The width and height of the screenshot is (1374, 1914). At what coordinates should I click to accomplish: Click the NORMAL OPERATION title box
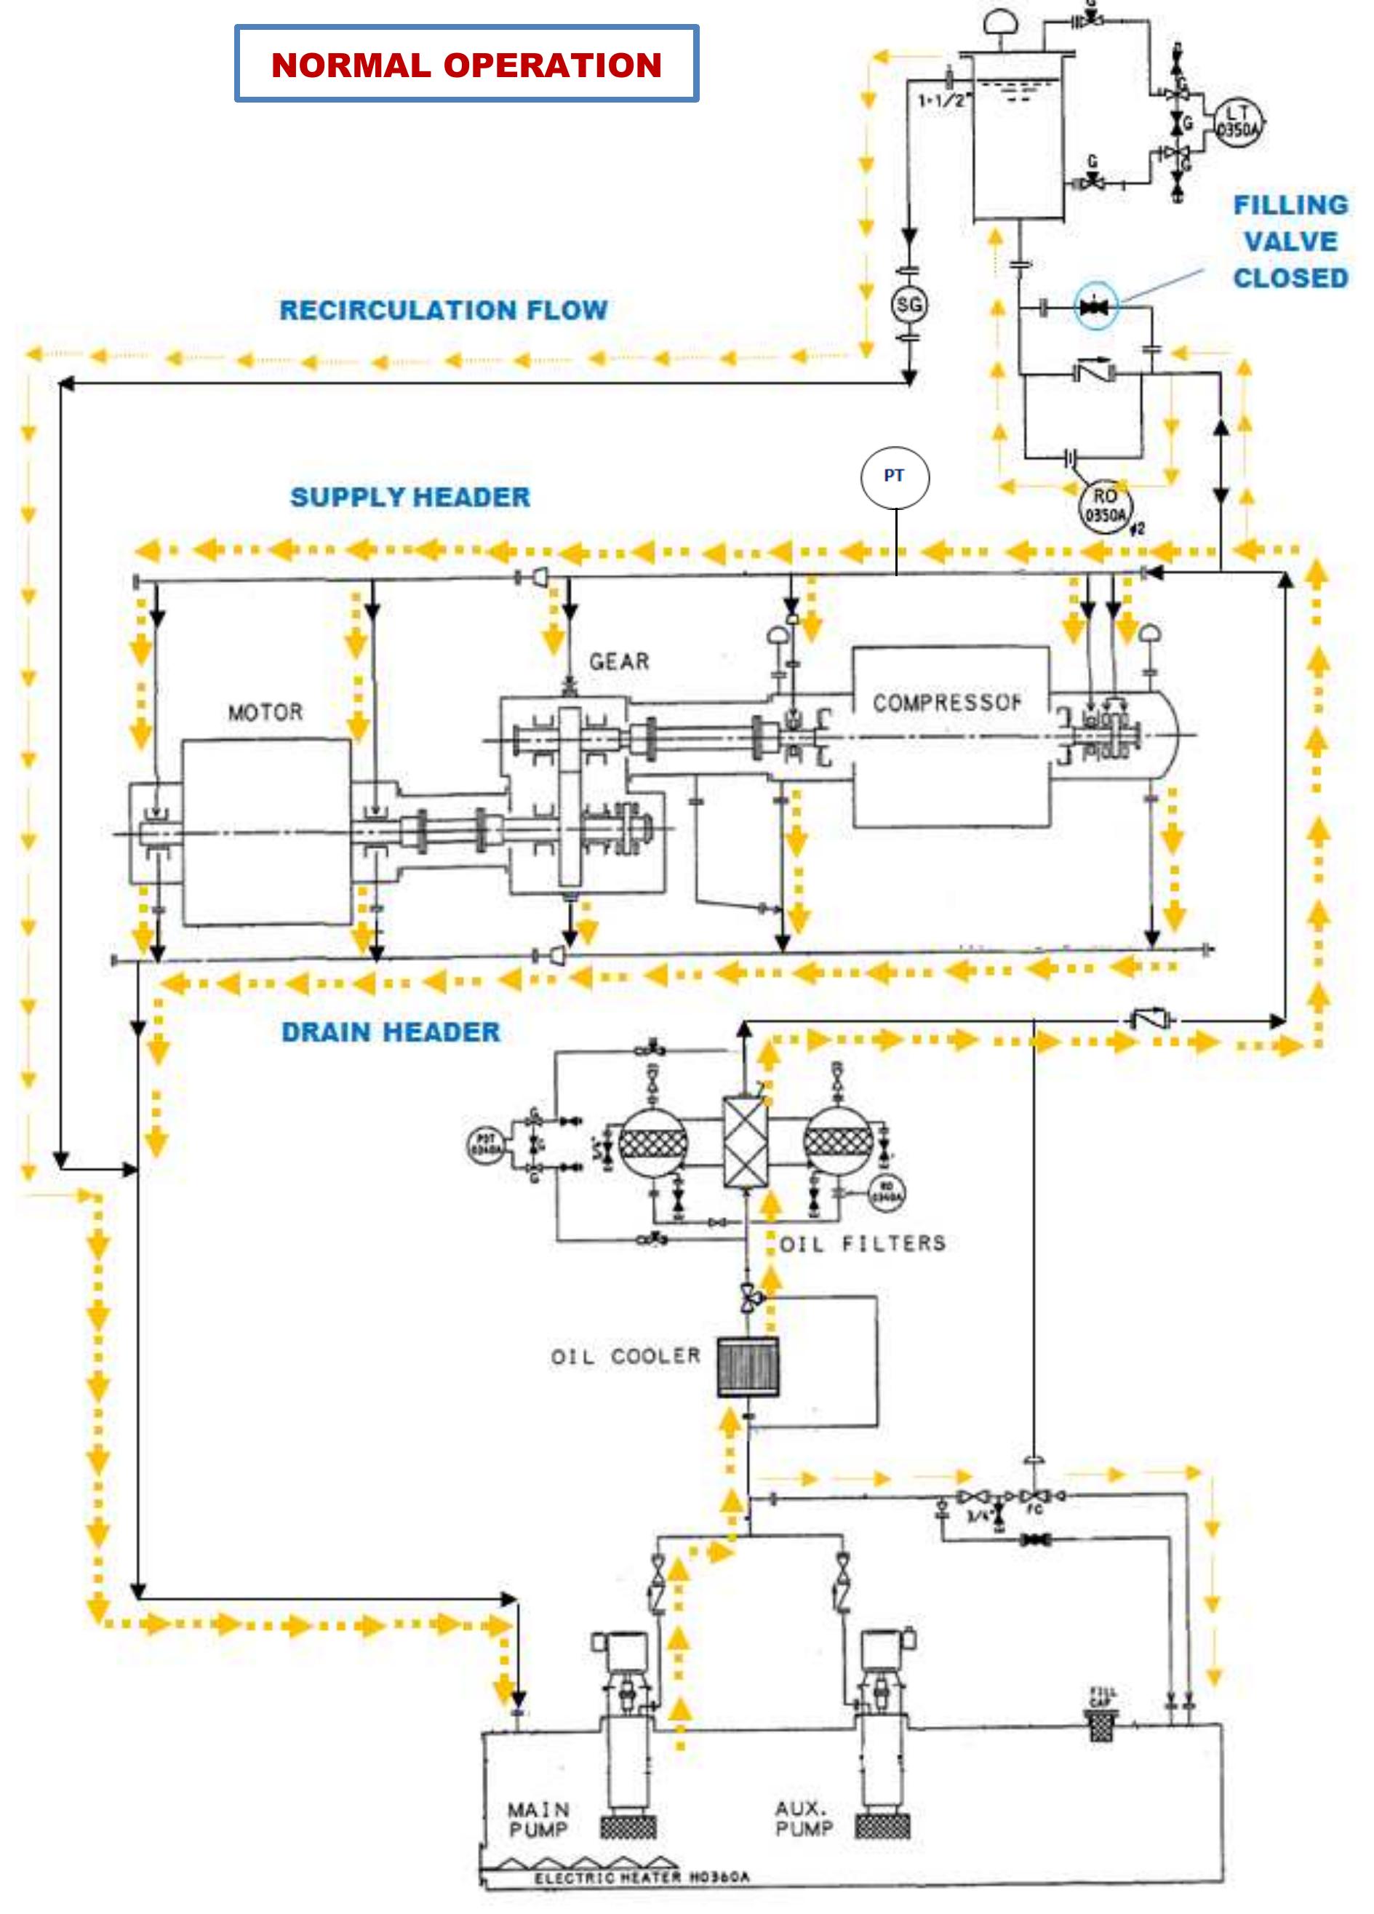(x=466, y=64)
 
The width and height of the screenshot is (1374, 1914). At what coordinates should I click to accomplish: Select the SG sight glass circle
(x=909, y=305)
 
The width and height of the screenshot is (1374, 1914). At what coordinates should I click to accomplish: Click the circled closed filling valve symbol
(x=1095, y=306)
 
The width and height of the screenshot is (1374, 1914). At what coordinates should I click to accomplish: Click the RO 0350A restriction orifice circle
(x=1105, y=506)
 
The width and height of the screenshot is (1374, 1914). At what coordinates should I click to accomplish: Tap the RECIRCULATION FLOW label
(x=443, y=310)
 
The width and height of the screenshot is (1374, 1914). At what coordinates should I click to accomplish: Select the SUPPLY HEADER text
(x=410, y=497)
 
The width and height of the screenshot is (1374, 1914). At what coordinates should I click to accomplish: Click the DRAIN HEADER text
(x=390, y=1032)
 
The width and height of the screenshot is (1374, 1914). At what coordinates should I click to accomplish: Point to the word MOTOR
(x=265, y=712)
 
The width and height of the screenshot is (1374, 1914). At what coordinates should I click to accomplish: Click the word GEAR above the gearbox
(x=620, y=661)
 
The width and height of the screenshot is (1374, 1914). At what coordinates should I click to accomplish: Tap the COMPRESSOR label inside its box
(x=947, y=702)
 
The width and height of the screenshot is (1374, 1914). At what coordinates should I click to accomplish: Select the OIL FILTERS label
(x=862, y=1243)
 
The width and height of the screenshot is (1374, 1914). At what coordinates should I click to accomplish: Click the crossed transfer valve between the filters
(x=746, y=1142)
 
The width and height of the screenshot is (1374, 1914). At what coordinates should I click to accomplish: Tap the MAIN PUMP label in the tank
(x=538, y=1819)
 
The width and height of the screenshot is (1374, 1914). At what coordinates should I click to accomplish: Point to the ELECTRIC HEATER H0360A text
(x=642, y=1877)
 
